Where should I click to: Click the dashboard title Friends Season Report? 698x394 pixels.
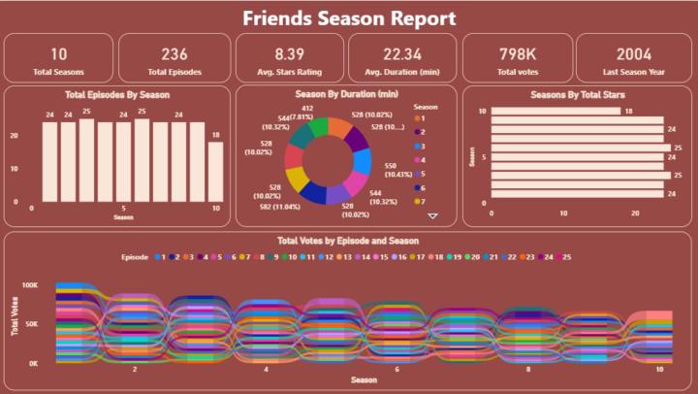pyautogui.click(x=349, y=17)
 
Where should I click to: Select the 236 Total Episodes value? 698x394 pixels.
pyautogui.click(x=174, y=54)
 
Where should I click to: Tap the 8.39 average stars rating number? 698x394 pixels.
pyautogui.click(x=289, y=54)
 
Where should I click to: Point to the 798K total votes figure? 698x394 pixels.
pyautogui.click(x=518, y=54)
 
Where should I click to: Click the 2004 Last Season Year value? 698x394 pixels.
pyautogui.click(x=632, y=54)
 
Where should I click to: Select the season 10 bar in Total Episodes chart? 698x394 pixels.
pyautogui.click(x=214, y=171)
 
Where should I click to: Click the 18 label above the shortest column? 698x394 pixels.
pyautogui.click(x=214, y=136)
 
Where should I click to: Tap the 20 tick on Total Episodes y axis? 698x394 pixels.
pyautogui.click(x=24, y=136)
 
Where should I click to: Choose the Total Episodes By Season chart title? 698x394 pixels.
pyautogui.click(x=117, y=95)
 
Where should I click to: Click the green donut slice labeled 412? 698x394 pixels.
pyautogui.click(x=318, y=126)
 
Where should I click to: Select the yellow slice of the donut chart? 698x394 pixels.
pyautogui.click(x=299, y=180)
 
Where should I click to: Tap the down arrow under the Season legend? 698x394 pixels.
pyautogui.click(x=433, y=216)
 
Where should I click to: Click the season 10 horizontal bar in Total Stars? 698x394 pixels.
pyautogui.click(x=555, y=112)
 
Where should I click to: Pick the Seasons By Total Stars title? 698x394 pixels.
pyautogui.click(x=577, y=95)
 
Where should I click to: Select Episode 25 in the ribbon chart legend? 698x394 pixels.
pyautogui.click(x=576, y=257)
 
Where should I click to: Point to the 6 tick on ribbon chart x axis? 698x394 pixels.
pyautogui.click(x=397, y=369)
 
